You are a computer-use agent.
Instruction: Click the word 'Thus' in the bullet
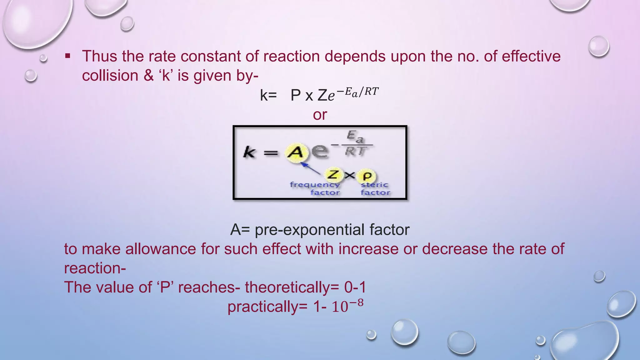(99, 57)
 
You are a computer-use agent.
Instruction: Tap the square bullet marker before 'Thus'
(67, 57)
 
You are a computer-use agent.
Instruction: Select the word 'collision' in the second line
(110, 76)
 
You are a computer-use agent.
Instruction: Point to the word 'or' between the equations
(320, 115)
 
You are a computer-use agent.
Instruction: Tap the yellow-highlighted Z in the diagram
(333, 175)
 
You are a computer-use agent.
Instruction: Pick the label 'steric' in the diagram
(374, 185)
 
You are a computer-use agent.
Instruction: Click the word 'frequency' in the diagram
(314, 185)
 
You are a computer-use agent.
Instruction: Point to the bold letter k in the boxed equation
(249, 153)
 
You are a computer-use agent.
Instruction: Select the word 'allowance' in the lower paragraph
(161, 249)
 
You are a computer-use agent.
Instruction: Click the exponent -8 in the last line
(357, 303)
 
